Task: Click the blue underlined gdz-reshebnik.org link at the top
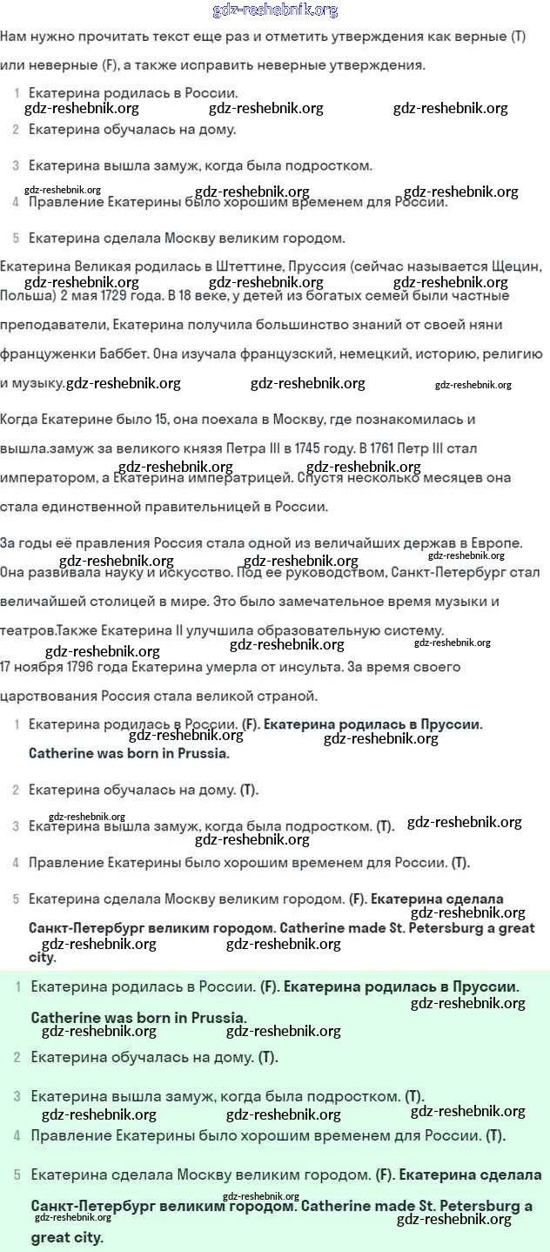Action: point(275,10)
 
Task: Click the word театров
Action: point(29,630)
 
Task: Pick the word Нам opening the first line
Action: point(14,37)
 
